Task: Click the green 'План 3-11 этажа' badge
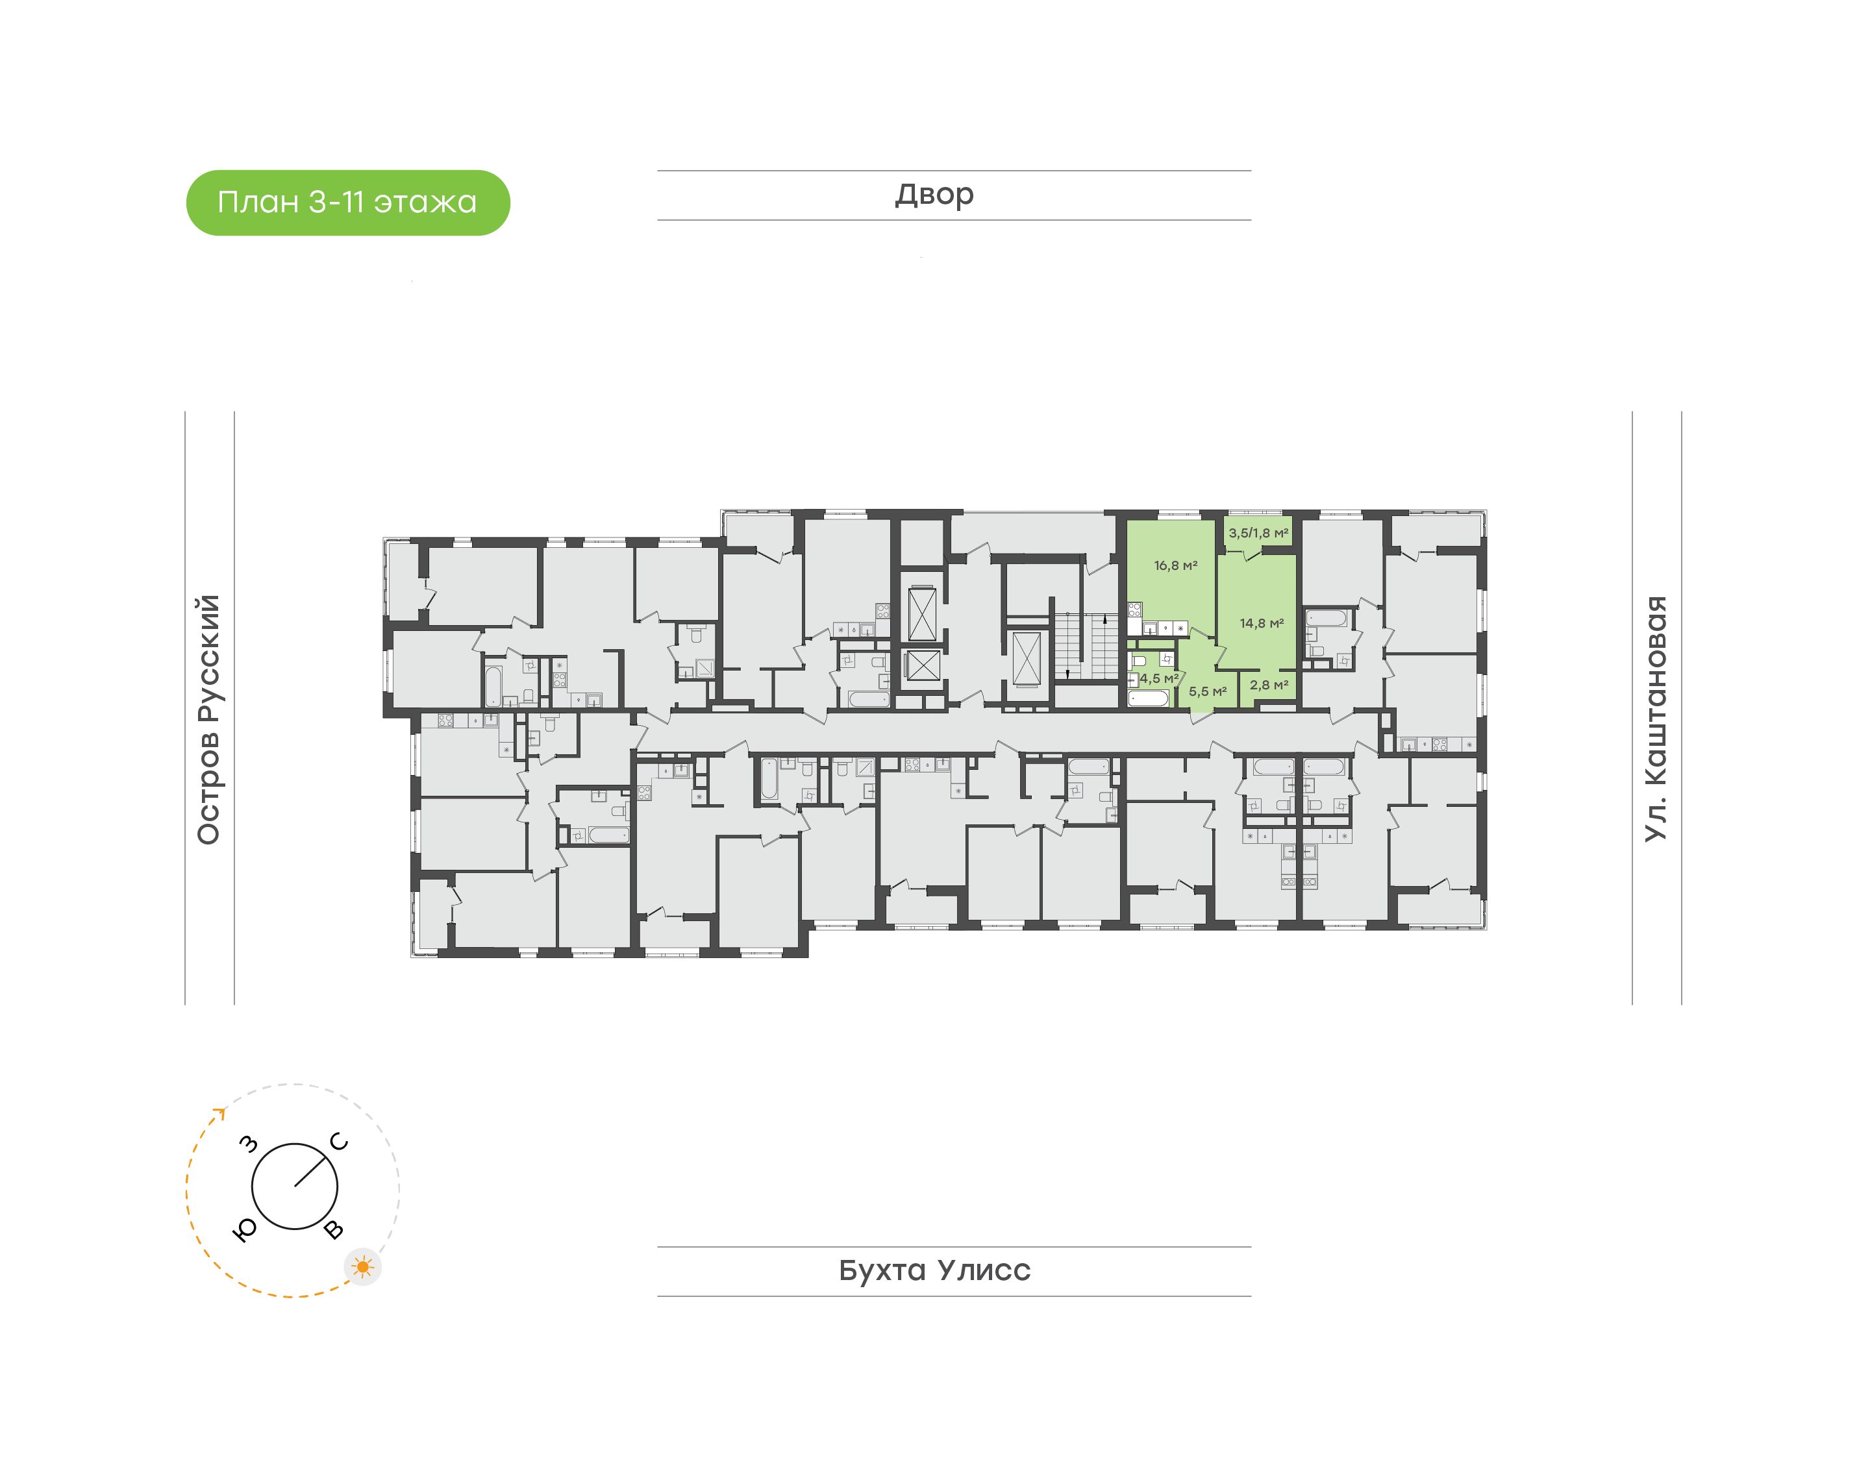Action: [348, 203]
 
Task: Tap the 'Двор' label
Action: [934, 195]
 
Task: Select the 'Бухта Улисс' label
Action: [934, 1270]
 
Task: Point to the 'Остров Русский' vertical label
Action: [208, 720]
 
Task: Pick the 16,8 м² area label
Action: [1175, 566]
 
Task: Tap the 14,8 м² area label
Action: [1261, 624]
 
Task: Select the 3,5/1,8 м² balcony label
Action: [1258, 534]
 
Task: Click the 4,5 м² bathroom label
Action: [1159, 678]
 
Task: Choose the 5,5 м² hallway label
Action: [1207, 691]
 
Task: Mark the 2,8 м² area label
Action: [1269, 685]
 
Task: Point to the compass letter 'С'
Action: [340, 1142]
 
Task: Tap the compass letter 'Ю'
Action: [245, 1231]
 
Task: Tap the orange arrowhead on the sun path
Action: [220, 1114]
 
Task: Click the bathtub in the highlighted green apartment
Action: [1149, 698]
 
